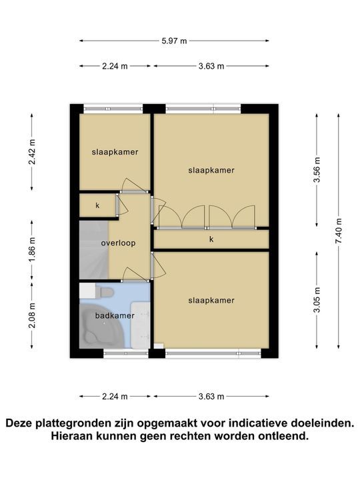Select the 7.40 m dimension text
click(338, 231)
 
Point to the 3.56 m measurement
click(317, 171)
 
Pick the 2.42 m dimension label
click(32, 152)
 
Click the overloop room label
click(118, 243)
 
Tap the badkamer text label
click(115, 315)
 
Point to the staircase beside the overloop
click(93, 250)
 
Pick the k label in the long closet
click(211, 239)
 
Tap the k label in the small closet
click(97, 205)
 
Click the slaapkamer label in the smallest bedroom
click(115, 152)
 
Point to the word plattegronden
click(82, 423)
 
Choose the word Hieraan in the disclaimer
click(75, 437)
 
